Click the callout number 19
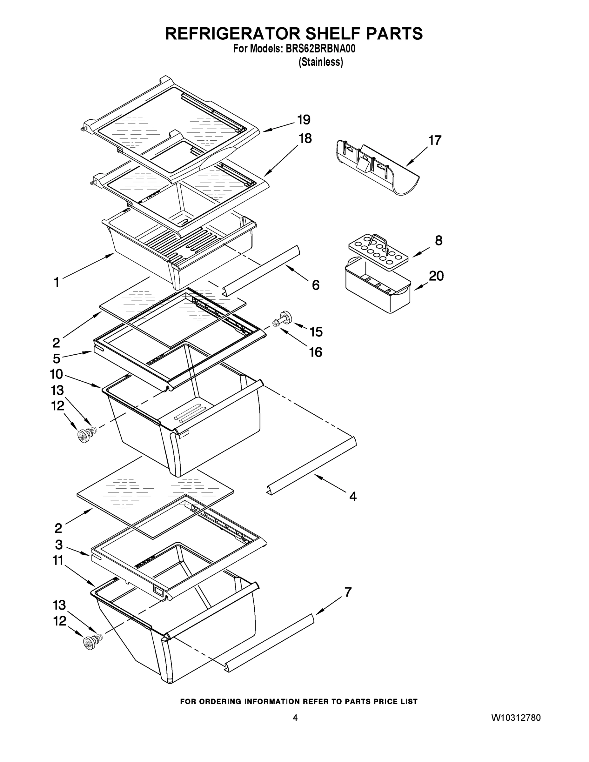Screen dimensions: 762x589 304,120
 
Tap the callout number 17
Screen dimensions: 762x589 435,140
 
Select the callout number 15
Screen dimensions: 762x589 316,332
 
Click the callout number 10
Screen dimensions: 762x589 56,374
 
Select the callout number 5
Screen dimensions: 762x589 57,359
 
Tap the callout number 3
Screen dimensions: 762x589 59,545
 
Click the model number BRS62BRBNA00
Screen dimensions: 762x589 320,49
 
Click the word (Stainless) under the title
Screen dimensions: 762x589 321,62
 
